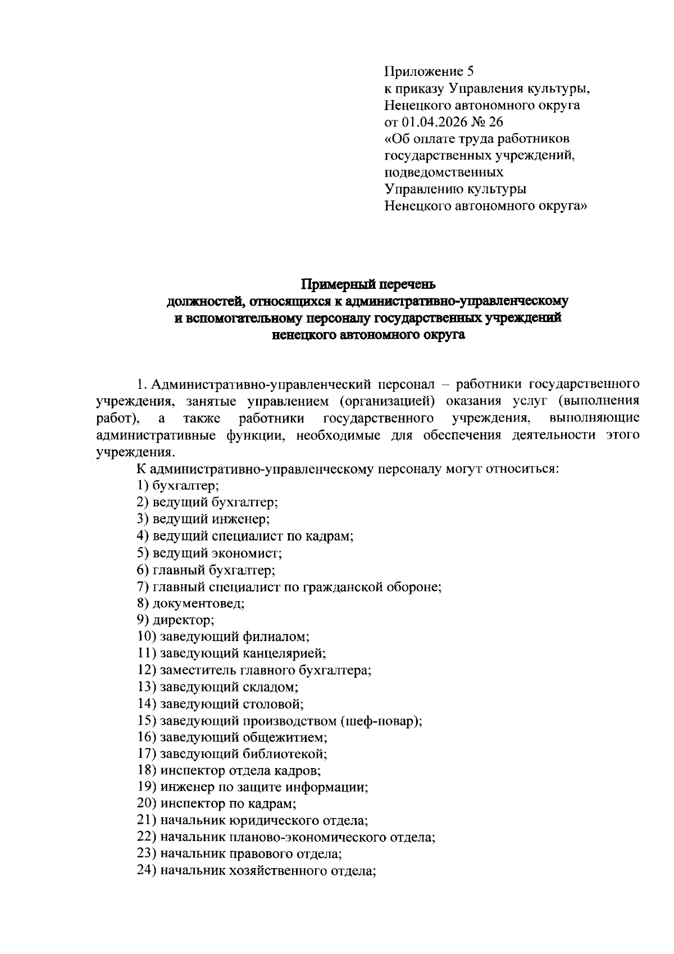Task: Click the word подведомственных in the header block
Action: [444, 172]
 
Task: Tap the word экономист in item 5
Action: [247, 553]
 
